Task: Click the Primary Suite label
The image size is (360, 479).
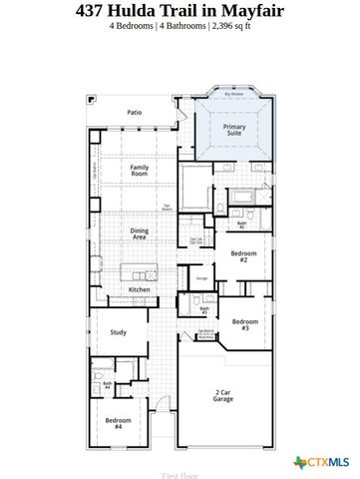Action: coord(234,131)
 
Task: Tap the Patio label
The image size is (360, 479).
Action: coord(134,113)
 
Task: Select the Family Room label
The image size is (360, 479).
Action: coord(140,171)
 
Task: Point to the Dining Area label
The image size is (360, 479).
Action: coord(140,234)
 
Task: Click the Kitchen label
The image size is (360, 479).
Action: coord(140,289)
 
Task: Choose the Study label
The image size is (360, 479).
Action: coord(118,332)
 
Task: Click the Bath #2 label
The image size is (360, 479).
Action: coord(241,226)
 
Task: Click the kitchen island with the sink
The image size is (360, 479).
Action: coord(140,271)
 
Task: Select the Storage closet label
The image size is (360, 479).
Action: coord(201,278)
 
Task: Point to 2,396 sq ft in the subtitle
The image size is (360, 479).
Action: coord(230,26)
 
